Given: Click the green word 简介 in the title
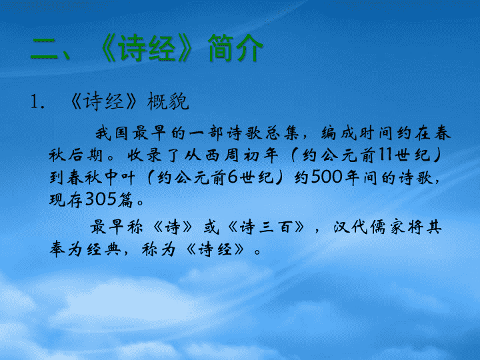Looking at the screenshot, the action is [235, 48].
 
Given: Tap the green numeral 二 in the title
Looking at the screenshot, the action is [44, 49].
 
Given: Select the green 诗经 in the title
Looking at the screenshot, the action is [147, 49].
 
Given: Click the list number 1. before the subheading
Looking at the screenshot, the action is [37, 101].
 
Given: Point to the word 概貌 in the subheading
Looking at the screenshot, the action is [168, 101].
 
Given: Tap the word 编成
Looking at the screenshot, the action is [339, 133].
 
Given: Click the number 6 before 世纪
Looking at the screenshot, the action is [233, 177].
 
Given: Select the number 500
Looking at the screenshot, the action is [326, 177].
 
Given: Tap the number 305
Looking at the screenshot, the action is [101, 199].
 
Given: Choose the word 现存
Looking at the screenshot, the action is [65, 199].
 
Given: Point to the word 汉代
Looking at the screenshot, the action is [350, 227].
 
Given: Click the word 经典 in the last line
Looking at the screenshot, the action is [103, 249].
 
